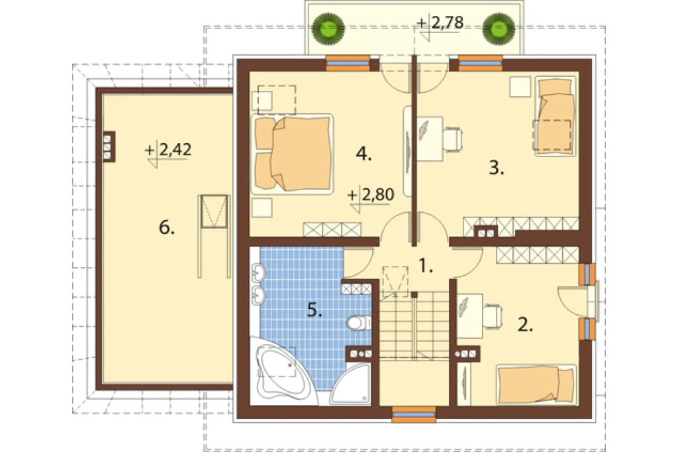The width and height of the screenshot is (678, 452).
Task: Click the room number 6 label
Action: click(x=166, y=227)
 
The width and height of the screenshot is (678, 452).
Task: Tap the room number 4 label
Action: click(x=363, y=154)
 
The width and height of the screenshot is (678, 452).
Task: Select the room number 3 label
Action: click(x=497, y=168)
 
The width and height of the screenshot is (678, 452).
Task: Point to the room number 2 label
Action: click(x=525, y=325)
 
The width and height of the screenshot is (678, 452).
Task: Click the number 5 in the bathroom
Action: click(x=315, y=310)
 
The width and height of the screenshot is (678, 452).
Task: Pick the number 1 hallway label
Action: click(x=426, y=266)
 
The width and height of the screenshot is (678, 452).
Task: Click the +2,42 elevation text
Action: click(x=168, y=150)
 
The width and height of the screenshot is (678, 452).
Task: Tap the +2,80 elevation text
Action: click(x=371, y=195)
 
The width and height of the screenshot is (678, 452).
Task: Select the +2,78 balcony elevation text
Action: click(x=440, y=23)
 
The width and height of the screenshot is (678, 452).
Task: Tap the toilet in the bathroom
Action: click(x=359, y=323)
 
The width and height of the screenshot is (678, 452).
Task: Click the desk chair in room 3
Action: click(x=452, y=139)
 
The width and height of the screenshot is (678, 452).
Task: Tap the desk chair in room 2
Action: click(x=493, y=316)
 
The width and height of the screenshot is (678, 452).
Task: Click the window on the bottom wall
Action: click(x=414, y=414)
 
